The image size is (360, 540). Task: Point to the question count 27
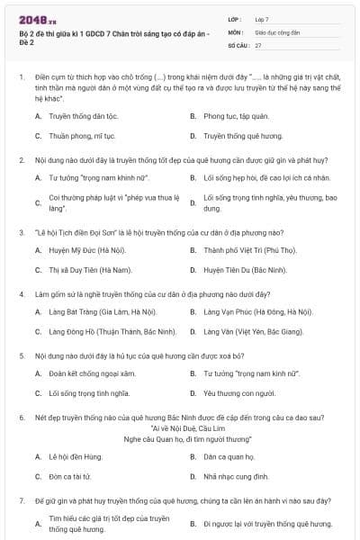click(x=258, y=44)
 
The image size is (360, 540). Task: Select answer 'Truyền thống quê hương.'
click(x=243, y=137)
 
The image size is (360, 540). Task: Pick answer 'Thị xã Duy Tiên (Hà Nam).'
click(x=91, y=270)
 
